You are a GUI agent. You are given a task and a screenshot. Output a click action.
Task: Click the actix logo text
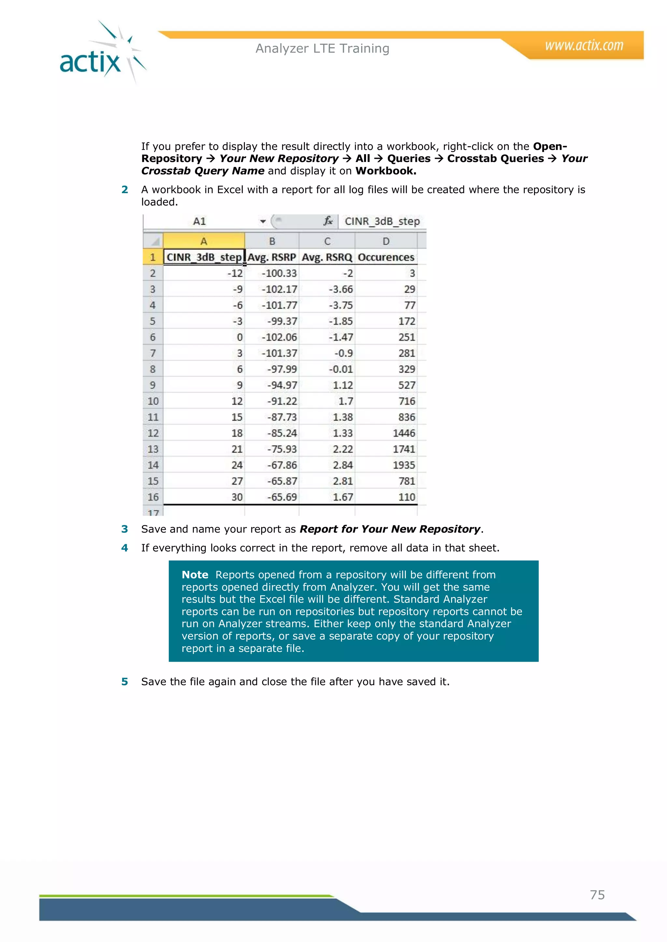coord(90,62)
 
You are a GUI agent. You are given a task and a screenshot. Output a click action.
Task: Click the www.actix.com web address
coord(584,45)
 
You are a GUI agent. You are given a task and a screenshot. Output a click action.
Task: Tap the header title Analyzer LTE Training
coord(322,48)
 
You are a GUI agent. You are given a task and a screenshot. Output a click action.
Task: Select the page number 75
coord(597,895)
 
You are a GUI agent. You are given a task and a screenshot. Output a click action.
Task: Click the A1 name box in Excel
coord(200,222)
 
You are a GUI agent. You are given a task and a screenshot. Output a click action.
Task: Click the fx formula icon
coord(328,222)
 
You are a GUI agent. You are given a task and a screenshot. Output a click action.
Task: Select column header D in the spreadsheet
coord(386,241)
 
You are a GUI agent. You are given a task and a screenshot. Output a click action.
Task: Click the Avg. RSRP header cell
coord(272,257)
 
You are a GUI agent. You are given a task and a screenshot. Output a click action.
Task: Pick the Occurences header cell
coord(386,257)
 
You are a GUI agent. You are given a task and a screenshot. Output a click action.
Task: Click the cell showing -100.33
coord(279,273)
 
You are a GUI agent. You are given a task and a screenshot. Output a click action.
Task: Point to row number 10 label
coord(153,401)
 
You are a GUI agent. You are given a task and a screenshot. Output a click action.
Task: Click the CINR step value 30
coord(237,497)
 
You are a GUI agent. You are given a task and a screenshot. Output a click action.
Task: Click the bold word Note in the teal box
coord(195,575)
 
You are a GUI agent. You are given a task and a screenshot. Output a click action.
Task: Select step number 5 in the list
coord(124,681)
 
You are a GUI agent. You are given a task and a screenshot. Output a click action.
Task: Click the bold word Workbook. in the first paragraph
coord(386,171)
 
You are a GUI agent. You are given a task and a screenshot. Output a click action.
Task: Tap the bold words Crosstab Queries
coord(495,159)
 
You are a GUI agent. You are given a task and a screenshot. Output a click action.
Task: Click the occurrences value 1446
coord(404,433)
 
